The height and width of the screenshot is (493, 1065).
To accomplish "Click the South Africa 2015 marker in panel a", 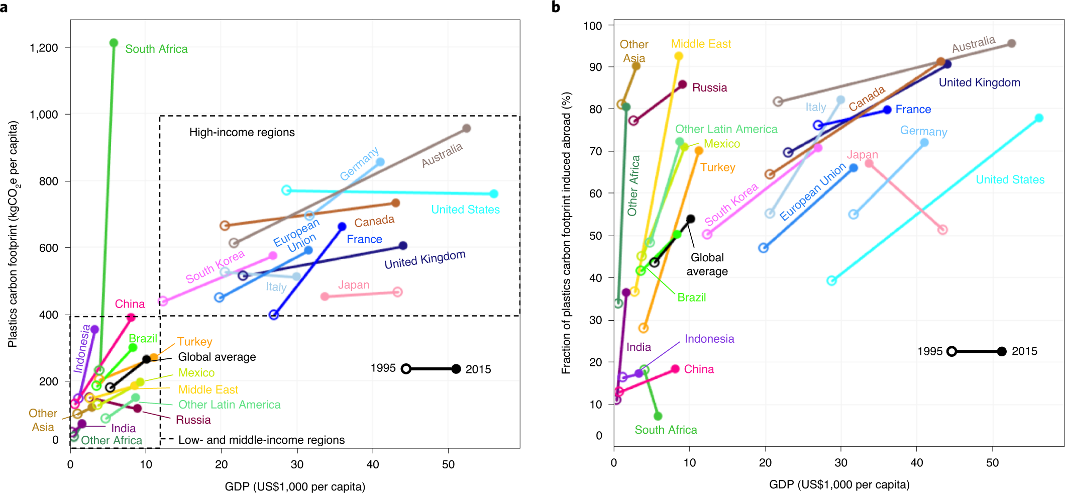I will pos(114,43).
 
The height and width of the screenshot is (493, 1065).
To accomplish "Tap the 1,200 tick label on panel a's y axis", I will pos(44,48).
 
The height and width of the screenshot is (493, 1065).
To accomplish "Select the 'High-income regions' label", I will pos(242,132).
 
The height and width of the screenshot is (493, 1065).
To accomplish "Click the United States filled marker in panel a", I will pos(494,194).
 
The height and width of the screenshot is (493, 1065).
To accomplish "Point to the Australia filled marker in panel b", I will pos(1012,44).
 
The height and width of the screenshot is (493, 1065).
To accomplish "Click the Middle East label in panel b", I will pos(701,44).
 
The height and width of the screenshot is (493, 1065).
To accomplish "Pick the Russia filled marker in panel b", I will pos(682,85).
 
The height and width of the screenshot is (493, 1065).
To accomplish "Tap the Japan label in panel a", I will pos(353,285).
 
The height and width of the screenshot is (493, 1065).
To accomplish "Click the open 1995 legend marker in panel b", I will pos(951,351).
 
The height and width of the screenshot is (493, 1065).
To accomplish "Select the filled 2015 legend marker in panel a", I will pos(456,369).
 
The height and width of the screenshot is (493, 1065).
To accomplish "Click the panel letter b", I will pos(556,7).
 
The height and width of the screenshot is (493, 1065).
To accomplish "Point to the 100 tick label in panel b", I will pos(593,26).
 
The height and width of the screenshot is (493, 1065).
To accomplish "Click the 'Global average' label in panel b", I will pos(707,264).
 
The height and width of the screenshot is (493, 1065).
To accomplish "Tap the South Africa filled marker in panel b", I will pos(658,416).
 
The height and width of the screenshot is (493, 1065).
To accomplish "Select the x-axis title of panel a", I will pos(295,486).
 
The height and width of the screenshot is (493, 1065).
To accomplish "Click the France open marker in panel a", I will pos(274,315).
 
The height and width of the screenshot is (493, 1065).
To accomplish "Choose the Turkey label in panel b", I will pos(717,167).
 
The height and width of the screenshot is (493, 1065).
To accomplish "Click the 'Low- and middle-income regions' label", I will pos(261,440).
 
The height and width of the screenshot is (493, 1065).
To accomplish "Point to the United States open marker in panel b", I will pos(832,280).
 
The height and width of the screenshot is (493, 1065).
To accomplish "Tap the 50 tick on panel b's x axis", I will pos(993,463).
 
